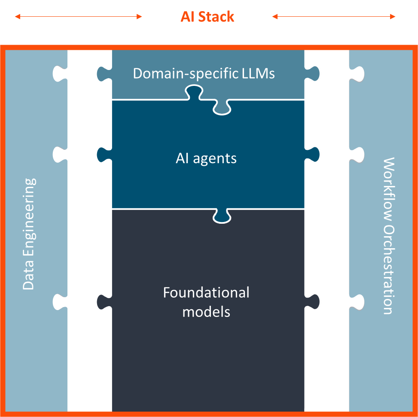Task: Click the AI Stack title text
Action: tap(207, 17)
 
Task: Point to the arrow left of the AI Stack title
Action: tap(78, 17)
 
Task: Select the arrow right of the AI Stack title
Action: tap(334, 17)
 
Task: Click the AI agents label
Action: tap(206, 158)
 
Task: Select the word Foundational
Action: tap(206, 293)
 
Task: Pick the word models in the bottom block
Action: tap(206, 312)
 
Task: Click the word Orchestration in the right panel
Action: tap(388, 269)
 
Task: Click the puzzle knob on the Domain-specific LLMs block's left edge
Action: tap(102, 73)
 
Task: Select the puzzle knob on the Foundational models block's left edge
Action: tap(102, 302)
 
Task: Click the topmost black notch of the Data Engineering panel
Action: tap(59, 73)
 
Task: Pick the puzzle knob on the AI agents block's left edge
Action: tap(102, 154)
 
